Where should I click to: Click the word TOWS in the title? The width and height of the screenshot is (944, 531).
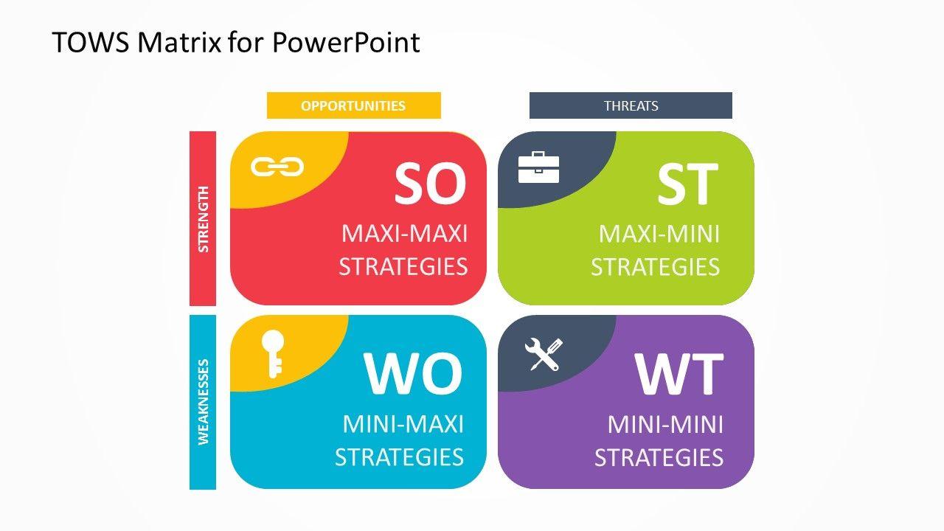click(91, 42)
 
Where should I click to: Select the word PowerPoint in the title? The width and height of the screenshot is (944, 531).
click(346, 42)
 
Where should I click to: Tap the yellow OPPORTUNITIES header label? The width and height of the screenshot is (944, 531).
click(353, 105)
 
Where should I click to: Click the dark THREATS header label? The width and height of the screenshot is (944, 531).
click(631, 105)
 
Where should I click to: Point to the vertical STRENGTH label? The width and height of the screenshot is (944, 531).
click(203, 219)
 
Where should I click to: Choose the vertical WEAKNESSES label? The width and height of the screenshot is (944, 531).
click(203, 402)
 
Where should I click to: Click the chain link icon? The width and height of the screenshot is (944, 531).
click(277, 167)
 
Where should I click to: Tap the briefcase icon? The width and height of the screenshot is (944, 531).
click(538, 167)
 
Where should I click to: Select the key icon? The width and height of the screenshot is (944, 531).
click(273, 353)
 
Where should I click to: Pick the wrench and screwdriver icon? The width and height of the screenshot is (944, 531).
click(544, 355)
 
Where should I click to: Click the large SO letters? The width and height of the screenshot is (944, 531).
click(430, 184)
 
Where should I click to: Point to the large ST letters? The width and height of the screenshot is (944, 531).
click(687, 184)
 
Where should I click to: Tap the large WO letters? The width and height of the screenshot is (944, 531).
click(413, 374)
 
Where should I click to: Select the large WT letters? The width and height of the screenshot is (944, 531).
click(679, 374)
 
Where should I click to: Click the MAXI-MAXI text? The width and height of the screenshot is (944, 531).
click(405, 234)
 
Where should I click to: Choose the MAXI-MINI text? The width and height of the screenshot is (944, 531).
click(659, 234)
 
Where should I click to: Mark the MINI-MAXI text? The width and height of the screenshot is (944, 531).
click(403, 424)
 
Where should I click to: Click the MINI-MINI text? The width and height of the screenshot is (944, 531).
click(665, 424)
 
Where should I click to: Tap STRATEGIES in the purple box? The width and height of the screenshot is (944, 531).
click(659, 458)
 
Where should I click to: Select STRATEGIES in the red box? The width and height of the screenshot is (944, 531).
click(403, 267)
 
